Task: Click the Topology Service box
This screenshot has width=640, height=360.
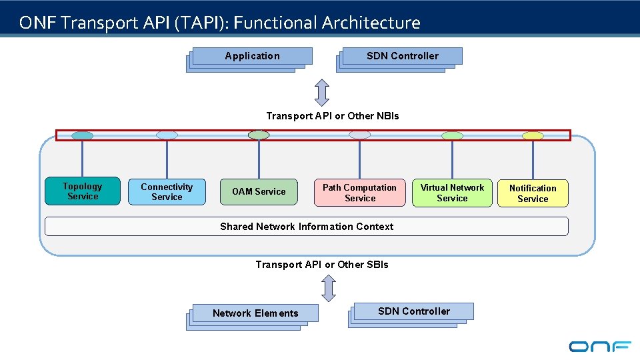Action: point(83,191)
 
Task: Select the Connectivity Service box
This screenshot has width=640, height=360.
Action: point(167,192)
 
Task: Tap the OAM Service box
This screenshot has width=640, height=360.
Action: point(259,191)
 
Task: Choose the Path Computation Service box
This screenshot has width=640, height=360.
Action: point(360,193)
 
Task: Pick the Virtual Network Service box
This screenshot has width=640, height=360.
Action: point(452,193)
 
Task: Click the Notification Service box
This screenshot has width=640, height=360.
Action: point(533,193)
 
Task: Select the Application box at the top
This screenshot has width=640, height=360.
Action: point(252,56)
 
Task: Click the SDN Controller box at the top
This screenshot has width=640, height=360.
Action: point(402,56)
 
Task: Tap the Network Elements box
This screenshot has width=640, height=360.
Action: point(255,313)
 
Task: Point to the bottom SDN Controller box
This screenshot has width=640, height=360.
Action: point(413,311)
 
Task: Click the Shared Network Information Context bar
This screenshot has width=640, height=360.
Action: point(307,227)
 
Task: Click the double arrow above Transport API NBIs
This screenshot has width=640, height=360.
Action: point(322,93)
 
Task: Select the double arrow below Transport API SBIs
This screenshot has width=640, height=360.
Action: point(328,288)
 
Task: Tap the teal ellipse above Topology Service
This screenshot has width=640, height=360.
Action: point(83,135)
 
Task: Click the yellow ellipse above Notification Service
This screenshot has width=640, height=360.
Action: point(533,136)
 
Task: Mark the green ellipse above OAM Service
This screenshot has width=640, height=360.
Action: point(259,135)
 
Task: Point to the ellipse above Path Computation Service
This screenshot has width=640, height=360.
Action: point(359,135)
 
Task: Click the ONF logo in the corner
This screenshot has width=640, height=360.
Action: point(600,346)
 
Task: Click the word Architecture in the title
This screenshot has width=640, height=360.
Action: point(371,23)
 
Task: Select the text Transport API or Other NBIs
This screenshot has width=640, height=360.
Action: point(333,116)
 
